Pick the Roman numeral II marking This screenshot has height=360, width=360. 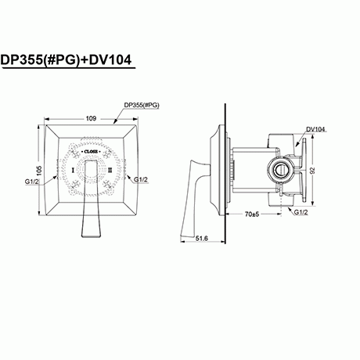click(110, 169)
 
